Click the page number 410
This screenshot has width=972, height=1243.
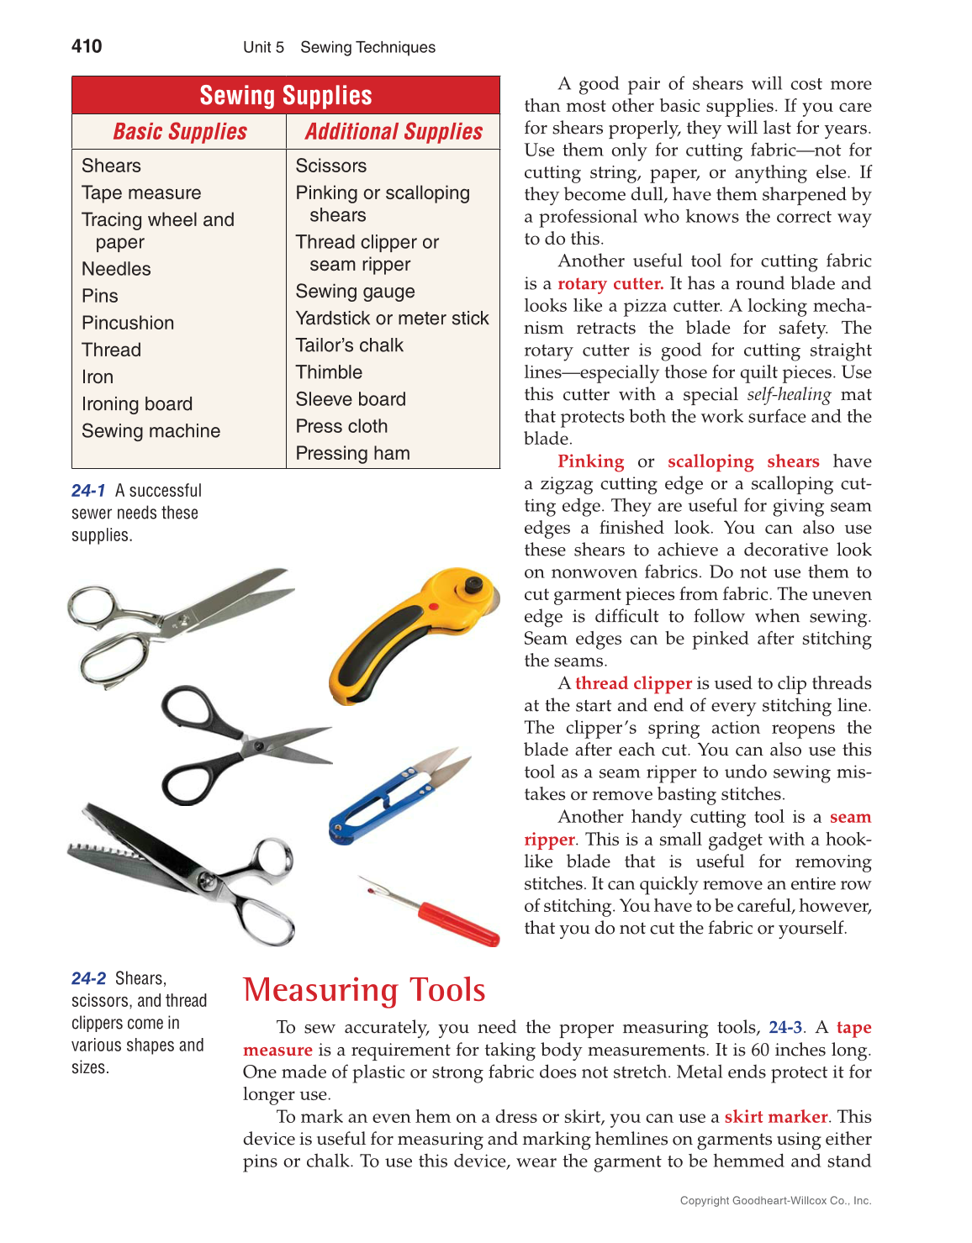(x=87, y=46)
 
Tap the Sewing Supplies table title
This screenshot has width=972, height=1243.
(x=286, y=96)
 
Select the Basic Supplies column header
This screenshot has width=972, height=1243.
(x=180, y=132)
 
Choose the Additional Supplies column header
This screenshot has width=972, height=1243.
(x=394, y=132)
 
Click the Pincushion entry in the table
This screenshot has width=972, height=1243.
(x=128, y=324)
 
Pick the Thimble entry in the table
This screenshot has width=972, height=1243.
(x=329, y=372)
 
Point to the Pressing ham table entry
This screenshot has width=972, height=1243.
(x=352, y=454)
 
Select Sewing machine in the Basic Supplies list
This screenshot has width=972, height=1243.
(x=151, y=431)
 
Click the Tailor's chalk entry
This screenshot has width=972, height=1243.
(x=349, y=345)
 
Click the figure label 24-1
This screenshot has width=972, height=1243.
(x=88, y=491)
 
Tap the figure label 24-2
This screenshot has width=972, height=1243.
(x=88, y=979)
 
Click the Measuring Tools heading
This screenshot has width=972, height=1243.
(x=364, y=990)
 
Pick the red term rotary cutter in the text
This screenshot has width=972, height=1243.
(x=610, y=284)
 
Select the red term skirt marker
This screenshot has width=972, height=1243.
(x=775, y=1117)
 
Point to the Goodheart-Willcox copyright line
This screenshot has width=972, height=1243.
(x=775, y=1201)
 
